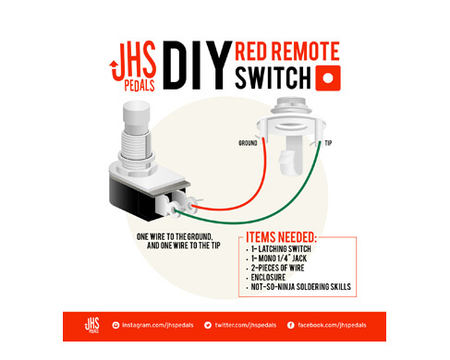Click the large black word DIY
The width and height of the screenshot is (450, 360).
tap(197, 66)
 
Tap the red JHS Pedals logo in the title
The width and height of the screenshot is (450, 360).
tap(133, 66)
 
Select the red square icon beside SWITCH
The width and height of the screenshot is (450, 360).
tap(328, 78)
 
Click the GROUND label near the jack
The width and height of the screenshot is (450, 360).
tap(248, 143)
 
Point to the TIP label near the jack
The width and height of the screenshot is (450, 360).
tap(328, 143)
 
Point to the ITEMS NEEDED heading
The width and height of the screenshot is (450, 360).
tap(281, 237)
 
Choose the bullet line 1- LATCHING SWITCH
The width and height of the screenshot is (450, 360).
tap(281, 248)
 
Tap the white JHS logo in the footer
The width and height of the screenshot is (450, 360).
tap(92, 326)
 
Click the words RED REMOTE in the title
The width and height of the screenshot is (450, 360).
tap(287, 51)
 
